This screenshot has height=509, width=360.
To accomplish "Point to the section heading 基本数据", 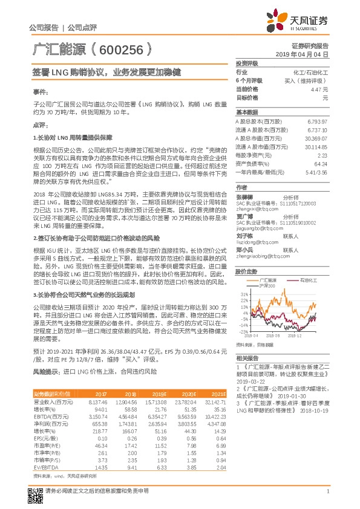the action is pos(247,112).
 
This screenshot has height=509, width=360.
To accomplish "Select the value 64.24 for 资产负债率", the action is pos(321,163).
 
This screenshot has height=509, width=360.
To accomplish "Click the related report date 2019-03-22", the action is pos(250,382).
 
